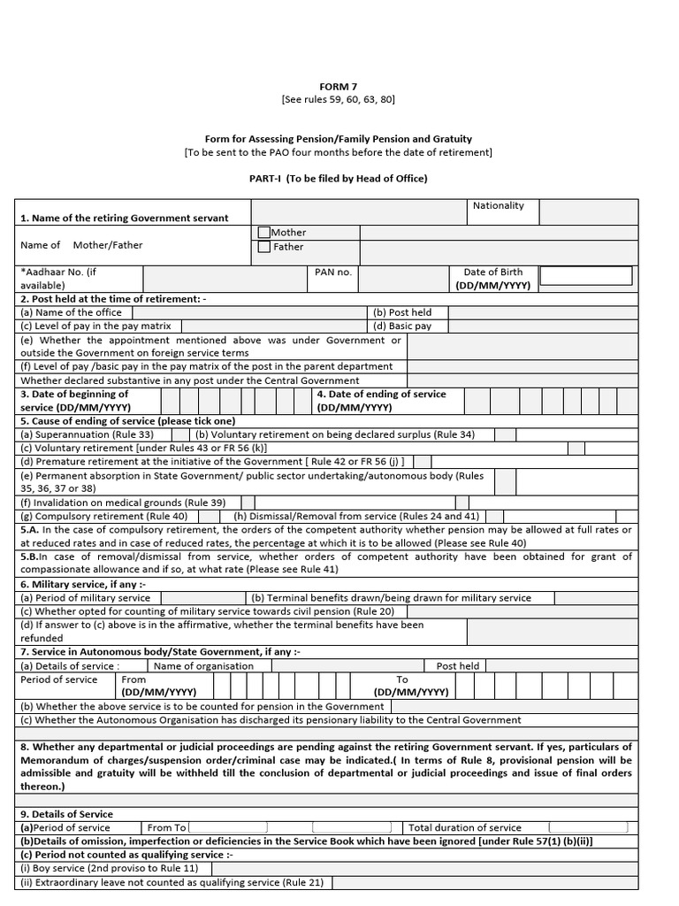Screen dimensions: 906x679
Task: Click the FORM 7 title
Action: click(339, 86)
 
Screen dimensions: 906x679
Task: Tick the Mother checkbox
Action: click(263, 233)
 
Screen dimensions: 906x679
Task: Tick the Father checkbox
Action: click(263, 247)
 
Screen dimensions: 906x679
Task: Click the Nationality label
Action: click(498, 205)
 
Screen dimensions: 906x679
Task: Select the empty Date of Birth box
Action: click(585, 276)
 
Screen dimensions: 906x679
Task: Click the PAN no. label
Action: click(333, 273)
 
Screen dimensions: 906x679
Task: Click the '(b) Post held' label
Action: click(402, 312)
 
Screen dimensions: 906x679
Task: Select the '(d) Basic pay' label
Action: click(402, 326)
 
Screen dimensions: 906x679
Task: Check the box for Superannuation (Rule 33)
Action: click(179, 434)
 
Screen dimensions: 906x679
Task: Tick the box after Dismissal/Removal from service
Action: click(495, 516)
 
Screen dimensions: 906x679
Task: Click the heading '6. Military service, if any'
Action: click(83, 585)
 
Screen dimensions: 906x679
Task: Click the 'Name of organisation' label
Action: click(203, 666)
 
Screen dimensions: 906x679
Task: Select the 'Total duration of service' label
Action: click(464, 827)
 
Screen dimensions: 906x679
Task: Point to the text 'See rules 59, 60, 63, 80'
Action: click(339, 100)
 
